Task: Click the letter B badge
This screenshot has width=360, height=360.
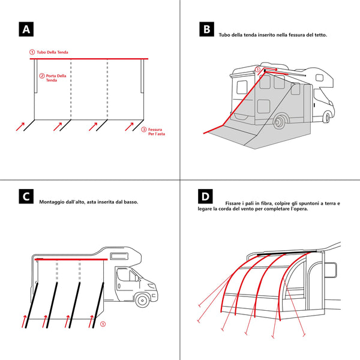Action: (206, 29)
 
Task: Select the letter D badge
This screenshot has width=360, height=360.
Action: (206, 197)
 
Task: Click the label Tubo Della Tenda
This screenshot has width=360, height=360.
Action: (52, 53)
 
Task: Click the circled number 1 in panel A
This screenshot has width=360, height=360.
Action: (32, 53)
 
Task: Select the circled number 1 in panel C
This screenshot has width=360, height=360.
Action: (103, 325)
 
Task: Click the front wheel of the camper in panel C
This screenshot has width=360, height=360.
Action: (142, 299)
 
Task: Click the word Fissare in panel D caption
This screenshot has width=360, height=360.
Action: (235, 203)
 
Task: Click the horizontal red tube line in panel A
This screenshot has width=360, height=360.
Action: (90, 59)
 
